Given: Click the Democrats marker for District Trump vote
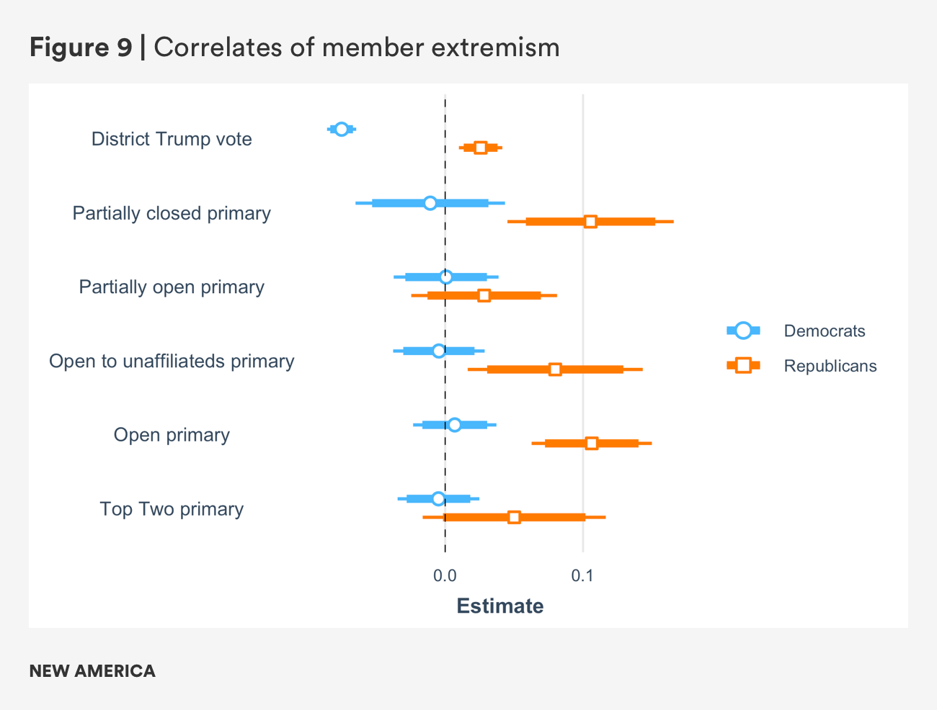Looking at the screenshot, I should point(342,129).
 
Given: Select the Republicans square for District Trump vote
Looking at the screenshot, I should point(481,148).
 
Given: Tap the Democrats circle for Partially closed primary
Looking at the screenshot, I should point(430,203).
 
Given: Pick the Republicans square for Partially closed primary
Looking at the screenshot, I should point(590,222).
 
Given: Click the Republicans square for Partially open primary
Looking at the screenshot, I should point(484,295).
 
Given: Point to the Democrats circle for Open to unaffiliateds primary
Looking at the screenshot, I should point(439,351).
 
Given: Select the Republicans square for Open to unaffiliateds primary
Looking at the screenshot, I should point(555,369).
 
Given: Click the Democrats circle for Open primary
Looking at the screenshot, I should point(454,425).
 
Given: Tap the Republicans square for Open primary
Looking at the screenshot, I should point(592,443).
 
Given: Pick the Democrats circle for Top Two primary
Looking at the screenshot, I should point(438,498).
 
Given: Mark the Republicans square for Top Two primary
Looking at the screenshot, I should point(514,517).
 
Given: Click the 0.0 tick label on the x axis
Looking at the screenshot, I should point(445,575).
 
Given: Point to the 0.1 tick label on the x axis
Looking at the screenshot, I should point(582,575).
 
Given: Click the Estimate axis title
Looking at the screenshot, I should point(500,606).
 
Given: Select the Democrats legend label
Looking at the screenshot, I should point(825,331).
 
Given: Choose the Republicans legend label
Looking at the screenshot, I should point(830,366).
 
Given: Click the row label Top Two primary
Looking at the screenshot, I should point(172,509).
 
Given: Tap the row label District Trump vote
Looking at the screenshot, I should point(172,139).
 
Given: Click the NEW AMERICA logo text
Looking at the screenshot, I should point(92,671).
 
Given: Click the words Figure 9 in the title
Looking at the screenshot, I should point(81,48).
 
